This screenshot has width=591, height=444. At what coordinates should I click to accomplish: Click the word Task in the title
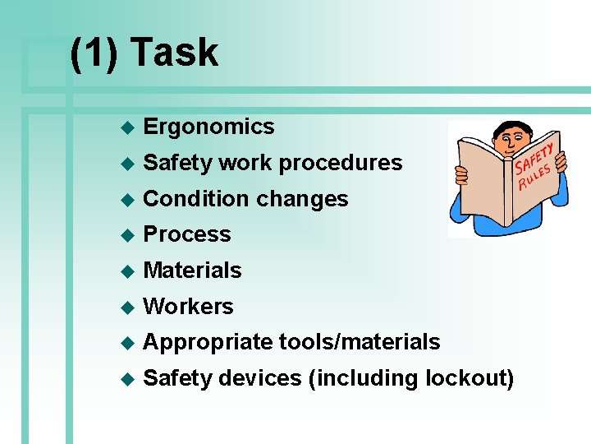(x=174, y=53)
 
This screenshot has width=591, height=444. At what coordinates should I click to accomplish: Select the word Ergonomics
(x=208, y=127)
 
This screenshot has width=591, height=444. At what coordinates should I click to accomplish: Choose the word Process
(x=187, y=234)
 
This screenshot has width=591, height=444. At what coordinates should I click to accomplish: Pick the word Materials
(x=192, y=271)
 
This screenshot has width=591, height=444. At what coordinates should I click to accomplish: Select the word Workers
(x=188, y=307)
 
